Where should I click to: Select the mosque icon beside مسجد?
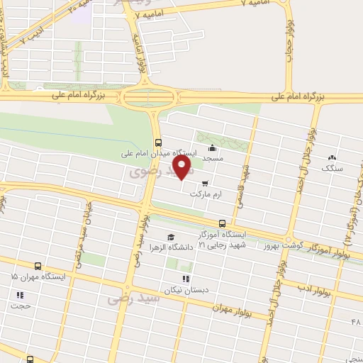212,148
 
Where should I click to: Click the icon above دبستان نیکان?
186,279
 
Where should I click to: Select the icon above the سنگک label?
331,157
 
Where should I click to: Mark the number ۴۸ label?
355,323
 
